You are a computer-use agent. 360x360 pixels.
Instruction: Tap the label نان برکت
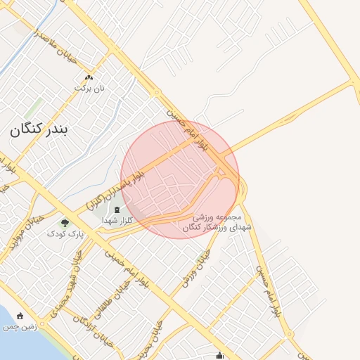tap(90, 89)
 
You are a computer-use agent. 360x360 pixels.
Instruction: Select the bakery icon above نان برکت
tap(89, 77)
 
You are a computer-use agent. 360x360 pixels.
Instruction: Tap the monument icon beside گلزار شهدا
tap(117, 210)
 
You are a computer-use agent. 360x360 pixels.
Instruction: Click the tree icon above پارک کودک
tap(65, 223)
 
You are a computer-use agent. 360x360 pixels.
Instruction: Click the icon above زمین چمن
tap(20, 316)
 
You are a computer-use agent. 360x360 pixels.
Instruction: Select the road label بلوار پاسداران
tap(116, 187)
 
